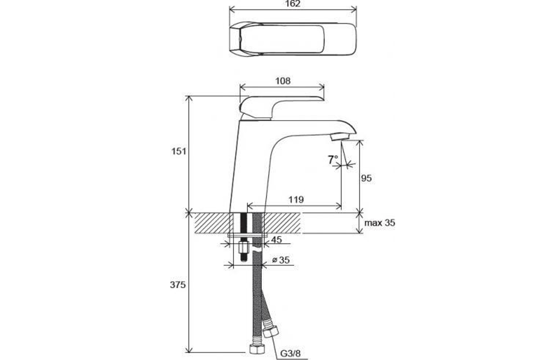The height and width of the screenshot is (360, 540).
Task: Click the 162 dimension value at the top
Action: coord(293,4)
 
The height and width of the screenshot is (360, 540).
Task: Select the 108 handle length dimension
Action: coord(283,81)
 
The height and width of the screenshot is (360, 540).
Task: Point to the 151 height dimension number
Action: coord(179,152)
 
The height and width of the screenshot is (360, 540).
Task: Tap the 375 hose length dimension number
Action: coord(178,285)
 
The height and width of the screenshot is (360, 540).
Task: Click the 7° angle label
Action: coord(333,160)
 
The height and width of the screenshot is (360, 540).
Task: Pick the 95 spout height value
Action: coord(366,178)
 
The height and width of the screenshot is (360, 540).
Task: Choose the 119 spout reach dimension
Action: coord(296,200)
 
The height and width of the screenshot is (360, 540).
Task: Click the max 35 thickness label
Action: coord(380,223)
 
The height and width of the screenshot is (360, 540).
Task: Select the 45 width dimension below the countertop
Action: coord(276,239)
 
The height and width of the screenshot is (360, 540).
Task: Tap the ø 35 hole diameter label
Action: coord(281,260)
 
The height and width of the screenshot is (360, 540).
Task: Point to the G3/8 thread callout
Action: coord(290,354)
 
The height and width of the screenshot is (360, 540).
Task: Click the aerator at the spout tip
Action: coord(340,138)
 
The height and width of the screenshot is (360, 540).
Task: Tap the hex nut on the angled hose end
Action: coord(270,332)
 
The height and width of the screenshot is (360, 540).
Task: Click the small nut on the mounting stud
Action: coord(244,247)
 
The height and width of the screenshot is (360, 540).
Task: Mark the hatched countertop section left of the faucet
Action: coord(211,223)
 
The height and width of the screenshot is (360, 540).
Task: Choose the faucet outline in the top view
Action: coord(292,39)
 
